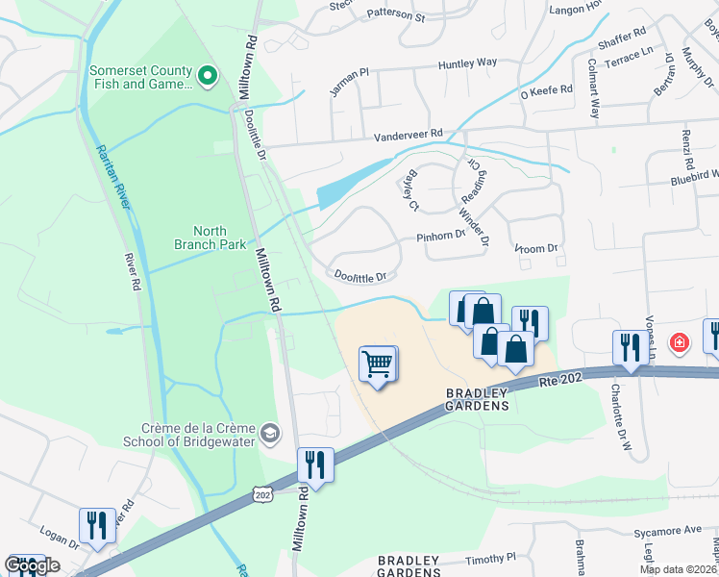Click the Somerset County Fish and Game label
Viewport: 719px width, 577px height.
(140, 76)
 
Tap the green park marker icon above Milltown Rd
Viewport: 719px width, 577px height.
(207, 74)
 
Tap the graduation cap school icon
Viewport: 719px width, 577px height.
(270, 433)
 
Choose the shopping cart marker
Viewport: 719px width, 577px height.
(379, 364)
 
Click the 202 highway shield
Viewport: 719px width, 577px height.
(261, 493)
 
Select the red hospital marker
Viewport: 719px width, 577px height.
(679, 342)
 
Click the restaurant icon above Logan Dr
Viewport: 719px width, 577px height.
(97, 525)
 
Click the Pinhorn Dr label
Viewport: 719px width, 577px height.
(440, 235)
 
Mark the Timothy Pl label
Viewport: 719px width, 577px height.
(491, 557)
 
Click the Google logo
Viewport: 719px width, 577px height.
(32, 564)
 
